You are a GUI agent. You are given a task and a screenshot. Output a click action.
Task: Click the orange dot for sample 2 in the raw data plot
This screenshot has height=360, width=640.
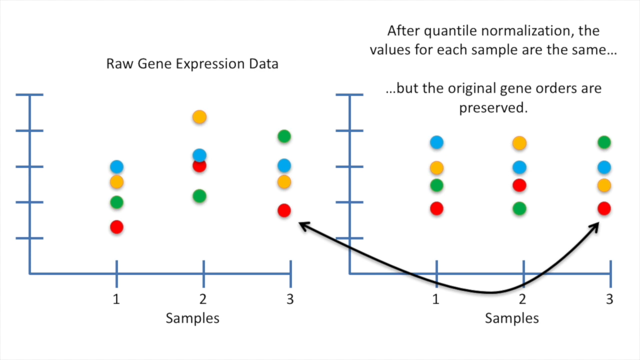coord(199,117)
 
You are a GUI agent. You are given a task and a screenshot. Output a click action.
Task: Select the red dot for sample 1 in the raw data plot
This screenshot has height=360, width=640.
coord(117,227)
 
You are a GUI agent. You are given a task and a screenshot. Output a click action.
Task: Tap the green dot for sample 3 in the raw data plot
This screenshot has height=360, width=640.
coord(284,136)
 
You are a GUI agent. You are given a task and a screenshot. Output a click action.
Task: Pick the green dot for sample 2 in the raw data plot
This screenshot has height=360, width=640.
coord(199,196)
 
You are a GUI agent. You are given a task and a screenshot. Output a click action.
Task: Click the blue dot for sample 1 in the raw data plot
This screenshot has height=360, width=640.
coord(117,166)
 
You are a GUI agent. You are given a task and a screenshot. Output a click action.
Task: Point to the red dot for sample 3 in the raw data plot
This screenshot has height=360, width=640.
coord(284,211)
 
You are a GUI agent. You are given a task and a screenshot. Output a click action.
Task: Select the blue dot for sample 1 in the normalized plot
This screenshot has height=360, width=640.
coord(437,142)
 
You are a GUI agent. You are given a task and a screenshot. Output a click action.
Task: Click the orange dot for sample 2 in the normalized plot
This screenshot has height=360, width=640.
coord(519,143)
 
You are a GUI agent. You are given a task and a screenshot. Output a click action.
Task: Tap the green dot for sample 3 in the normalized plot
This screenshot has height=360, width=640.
coord(604,142)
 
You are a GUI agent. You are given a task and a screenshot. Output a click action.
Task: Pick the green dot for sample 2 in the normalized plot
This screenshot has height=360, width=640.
coord(519,208)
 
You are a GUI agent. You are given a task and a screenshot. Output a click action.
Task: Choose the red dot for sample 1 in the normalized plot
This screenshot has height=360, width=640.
coord(437,208)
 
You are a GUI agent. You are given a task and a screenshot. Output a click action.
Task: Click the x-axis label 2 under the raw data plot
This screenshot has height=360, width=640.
coord(203,299)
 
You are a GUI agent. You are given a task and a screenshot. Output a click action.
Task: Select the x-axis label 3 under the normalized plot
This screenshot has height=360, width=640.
coord(609,299)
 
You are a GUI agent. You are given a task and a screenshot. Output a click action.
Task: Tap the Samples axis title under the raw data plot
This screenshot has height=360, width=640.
coord(192,318)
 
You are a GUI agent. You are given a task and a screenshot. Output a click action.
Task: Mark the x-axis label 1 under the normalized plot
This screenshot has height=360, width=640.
coord(435,299)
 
